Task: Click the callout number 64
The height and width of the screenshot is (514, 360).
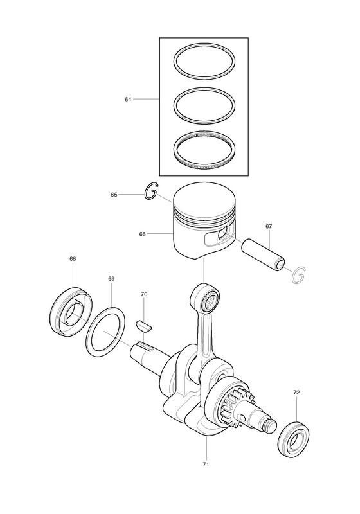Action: (x=127, y=99)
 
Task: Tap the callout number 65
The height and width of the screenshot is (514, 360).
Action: (x=114, y=195)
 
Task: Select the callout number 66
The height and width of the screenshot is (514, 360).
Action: (x=142, y=234)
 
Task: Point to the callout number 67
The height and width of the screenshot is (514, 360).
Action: (x=269, y=226)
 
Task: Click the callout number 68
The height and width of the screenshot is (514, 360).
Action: (x=73, y=259)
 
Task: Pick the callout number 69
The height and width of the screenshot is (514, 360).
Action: (x=111, y=279)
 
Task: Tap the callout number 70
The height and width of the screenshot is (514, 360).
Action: (x=144, y=294)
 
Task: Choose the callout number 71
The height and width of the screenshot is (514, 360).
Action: (x=206, y=464)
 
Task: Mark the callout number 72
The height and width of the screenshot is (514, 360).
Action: (x=296, y=392)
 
